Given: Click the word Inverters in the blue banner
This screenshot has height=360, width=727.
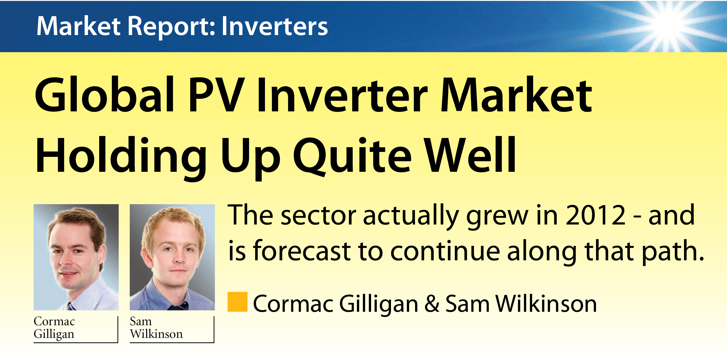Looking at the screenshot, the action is (275, 26).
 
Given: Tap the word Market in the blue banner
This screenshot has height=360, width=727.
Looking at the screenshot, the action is (79, 26).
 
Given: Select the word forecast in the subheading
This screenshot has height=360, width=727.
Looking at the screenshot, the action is (302, 250).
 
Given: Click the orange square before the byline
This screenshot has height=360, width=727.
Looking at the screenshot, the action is (238, 302).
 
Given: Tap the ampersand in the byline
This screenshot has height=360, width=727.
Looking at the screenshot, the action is (432, 304).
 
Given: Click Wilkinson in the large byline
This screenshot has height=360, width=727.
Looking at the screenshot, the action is (546, 304).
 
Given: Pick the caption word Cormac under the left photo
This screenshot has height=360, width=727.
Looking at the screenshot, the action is (54, 321).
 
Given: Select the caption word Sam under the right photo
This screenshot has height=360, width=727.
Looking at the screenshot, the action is (140, 321).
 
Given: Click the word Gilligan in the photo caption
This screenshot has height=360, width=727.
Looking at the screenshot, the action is (54, 334).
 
